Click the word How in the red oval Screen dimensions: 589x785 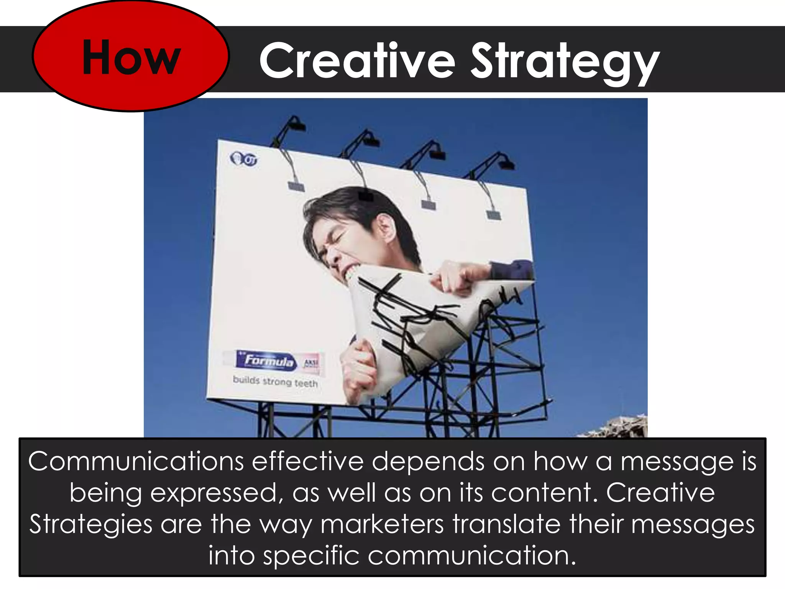(131, 58)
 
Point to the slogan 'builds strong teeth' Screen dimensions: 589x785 (275, 382)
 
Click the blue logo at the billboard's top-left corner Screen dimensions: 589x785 (243, 159)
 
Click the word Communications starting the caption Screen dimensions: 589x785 (136, 462)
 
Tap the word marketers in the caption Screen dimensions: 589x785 (382, 524)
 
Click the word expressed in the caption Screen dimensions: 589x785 (213, 493)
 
